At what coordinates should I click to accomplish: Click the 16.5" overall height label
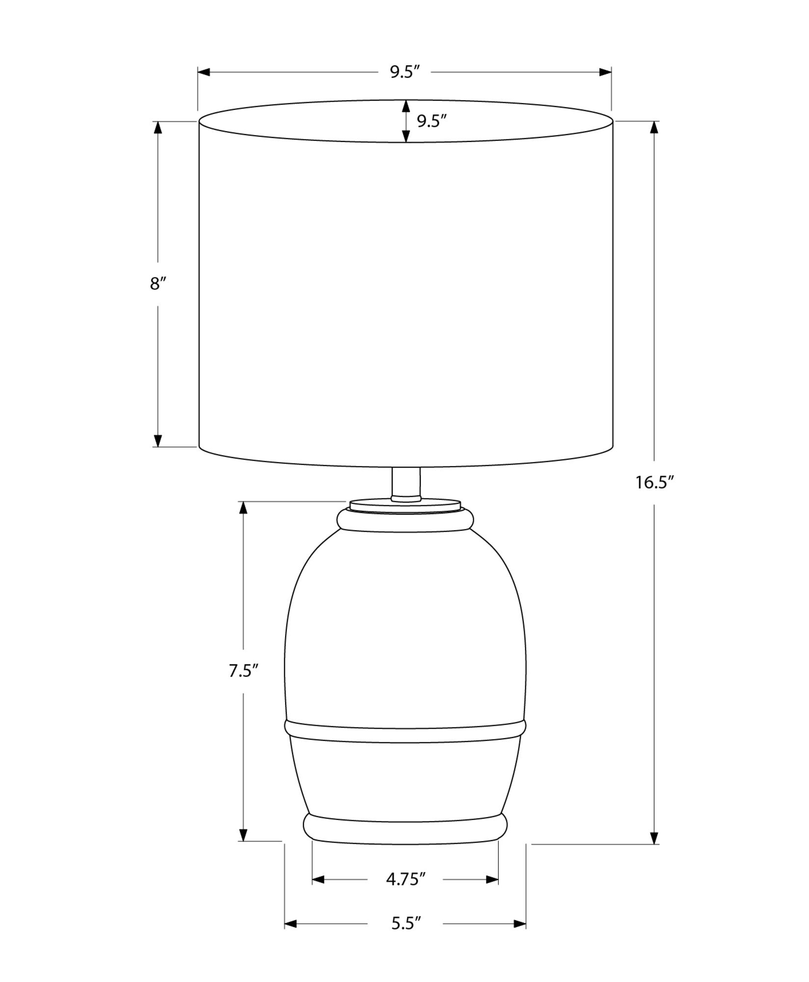tap(652, 483)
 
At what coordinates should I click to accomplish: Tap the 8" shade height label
tap(158, 284)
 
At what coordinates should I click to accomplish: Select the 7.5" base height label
tap(243, 671)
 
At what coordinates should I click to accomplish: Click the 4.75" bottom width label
tap(405, 879)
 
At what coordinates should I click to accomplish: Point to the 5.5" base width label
tap(406, 924)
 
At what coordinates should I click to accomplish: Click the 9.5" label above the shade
tap(405, 72)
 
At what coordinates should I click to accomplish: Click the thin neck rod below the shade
tap(406, 484)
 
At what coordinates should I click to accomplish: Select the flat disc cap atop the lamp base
tap(405, 506)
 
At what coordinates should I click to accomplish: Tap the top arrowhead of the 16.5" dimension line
tap(654, 128)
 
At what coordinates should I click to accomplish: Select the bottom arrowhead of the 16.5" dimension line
tap(654, 838)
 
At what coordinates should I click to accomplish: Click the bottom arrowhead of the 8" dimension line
tap(158, 440)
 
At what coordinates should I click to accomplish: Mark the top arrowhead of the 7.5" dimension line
tap(243, 508)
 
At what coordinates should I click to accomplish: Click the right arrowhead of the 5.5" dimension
tap(520, 924)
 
